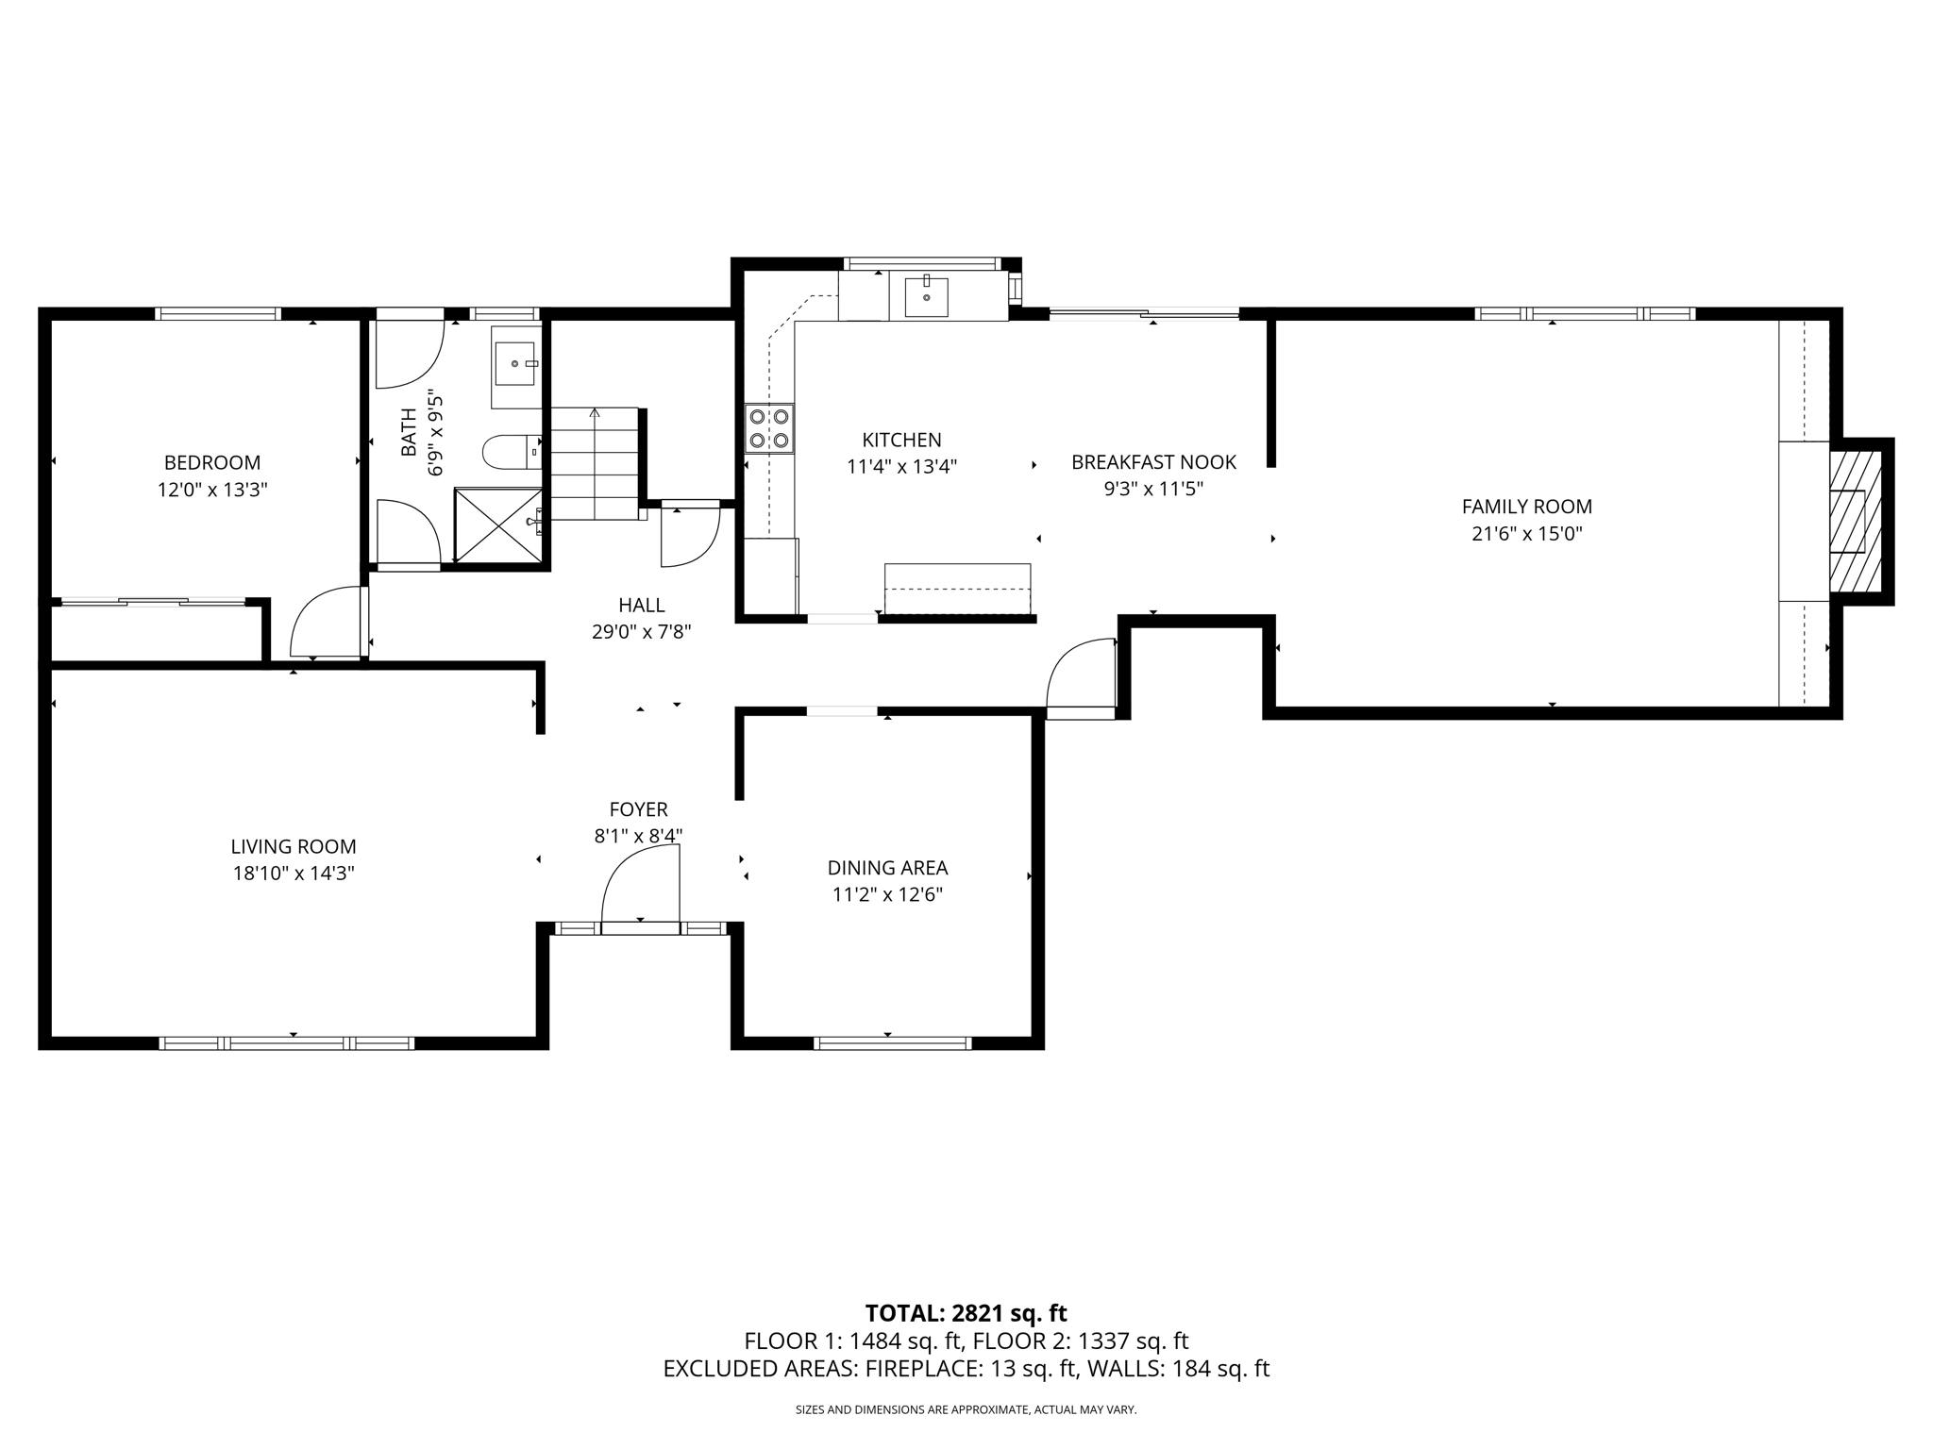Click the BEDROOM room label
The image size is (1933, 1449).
212,462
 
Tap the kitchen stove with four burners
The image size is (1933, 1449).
769,428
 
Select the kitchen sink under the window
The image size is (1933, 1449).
926,297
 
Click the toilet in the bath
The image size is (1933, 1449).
510,452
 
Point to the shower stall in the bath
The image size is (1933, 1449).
498,525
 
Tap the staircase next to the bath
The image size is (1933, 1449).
595,463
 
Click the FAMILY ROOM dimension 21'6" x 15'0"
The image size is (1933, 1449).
1526,534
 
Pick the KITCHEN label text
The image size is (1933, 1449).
901,440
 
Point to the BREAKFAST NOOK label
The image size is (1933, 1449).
1153,462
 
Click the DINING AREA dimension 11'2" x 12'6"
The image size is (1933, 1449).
887,894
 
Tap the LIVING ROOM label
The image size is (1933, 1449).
294,847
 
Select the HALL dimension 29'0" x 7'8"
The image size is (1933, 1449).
642,632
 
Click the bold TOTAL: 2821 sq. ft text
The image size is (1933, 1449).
966,1313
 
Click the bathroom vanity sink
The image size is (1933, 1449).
515,364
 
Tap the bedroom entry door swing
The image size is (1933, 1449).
326,623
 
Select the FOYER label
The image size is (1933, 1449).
638,809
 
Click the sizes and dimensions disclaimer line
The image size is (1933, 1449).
966,1409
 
